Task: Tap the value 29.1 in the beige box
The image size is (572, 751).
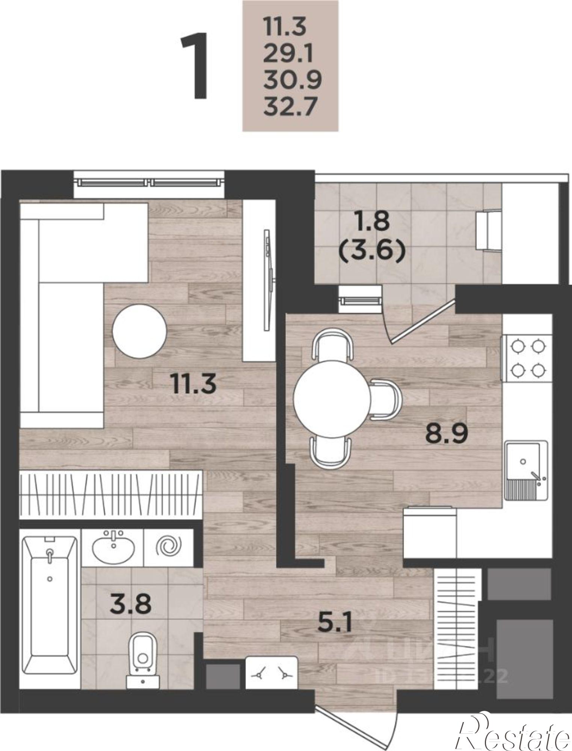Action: pyautogui.click(x=288, y=56)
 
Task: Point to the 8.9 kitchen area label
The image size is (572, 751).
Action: pyautogui.click(x=446, y=434)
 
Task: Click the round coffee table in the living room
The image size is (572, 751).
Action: pyautogui.click(x=140, y=330)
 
